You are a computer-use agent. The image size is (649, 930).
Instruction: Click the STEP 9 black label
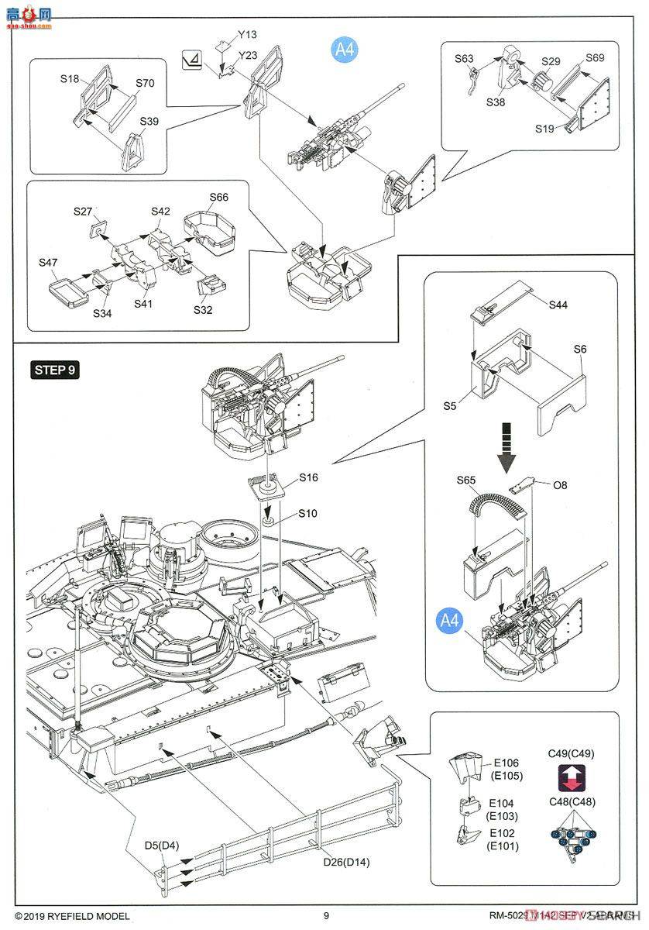55,369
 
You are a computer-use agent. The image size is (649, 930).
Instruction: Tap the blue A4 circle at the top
343,50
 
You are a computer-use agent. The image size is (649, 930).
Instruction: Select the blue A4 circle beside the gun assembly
450,620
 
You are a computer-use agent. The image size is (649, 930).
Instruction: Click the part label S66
218,198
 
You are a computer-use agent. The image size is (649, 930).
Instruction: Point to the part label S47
48,263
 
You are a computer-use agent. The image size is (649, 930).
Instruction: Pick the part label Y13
247,34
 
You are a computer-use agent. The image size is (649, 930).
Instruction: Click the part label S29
551,61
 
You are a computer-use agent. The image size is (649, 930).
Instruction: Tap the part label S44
558,305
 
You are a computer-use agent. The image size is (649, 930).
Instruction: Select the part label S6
580,350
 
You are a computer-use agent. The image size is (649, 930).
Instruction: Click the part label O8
561,487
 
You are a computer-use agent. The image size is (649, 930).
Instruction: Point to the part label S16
307,478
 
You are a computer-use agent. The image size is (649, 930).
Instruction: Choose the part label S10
307,514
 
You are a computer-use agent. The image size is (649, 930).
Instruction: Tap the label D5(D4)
161,846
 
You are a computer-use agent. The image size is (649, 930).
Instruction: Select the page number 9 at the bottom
326,916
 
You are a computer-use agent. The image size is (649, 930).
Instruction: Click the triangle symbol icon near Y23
191,60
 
